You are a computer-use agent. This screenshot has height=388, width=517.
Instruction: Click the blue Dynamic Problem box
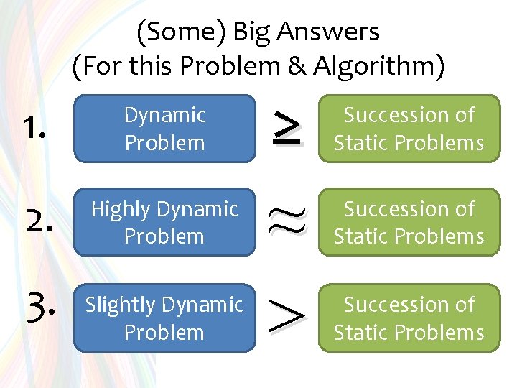[164, 129]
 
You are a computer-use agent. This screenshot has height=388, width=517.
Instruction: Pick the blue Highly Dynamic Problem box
[164, 222]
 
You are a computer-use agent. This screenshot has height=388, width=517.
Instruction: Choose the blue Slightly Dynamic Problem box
[164, 318]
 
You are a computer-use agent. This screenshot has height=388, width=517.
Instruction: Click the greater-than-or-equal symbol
[286, 127]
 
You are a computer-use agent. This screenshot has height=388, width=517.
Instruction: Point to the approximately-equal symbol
[286, 222]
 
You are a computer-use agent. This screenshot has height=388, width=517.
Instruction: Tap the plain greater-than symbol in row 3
[286, 318]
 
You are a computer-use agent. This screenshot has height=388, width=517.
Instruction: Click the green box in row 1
[409, 129]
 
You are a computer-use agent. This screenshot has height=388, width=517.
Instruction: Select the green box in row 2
[409, 222]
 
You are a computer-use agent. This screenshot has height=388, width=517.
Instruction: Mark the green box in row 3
[409, 318]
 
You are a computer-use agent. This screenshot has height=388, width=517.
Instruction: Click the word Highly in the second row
[121, 210]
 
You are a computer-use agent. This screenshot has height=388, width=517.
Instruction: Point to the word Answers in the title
[327, 32]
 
